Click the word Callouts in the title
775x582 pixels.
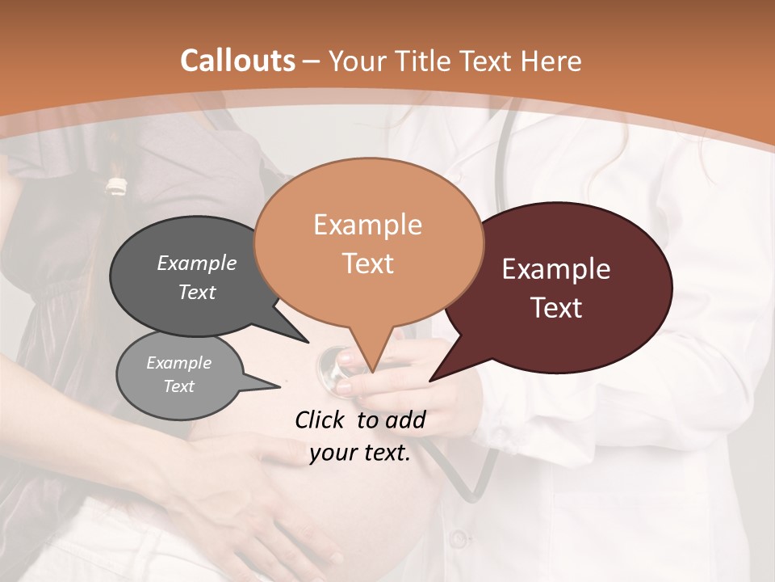point(237,61)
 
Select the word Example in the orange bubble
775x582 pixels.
point(367,225)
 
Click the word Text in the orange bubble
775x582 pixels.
point(367,264)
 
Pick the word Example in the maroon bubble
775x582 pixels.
point(556,269)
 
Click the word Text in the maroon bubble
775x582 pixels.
point(556,308)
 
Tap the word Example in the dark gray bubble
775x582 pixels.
point(197,263)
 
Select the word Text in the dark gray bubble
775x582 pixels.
point(197,292)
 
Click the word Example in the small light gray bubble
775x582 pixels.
point(178,363)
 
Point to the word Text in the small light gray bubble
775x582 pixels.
point(178,386)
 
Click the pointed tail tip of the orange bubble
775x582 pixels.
point(372,373)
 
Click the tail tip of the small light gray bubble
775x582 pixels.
point(279,386)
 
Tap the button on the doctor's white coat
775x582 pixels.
point(458,538)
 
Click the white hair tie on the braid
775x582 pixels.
point(117,185)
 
